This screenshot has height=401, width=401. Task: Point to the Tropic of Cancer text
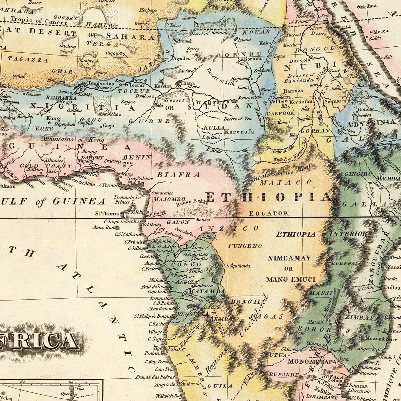(39, 21)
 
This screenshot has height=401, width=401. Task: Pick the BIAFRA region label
(178, 175)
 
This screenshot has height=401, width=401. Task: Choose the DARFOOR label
(280, 113)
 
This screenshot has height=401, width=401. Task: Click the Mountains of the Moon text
(277, 175)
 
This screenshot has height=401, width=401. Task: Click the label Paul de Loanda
(155, 287)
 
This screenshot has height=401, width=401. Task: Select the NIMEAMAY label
(289, 258)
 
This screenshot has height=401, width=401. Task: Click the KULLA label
(214, 128)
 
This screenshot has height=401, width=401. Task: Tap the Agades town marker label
(182, 59)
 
